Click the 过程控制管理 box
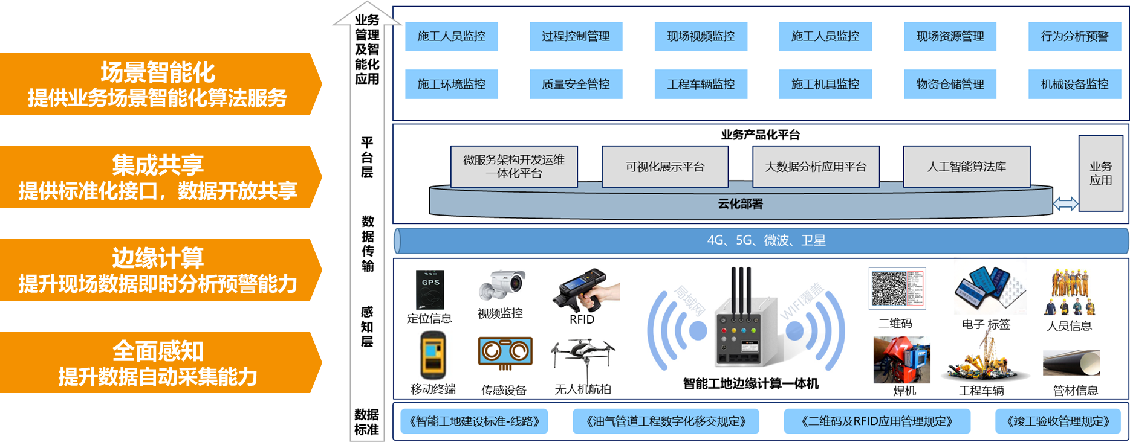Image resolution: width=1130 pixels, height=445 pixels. tap(576, 36)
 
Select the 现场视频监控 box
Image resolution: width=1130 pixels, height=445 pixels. tap(701, 36)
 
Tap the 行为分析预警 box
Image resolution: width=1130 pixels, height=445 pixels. tap(1074, 36)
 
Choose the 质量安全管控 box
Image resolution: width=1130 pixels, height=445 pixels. tap(576, 85)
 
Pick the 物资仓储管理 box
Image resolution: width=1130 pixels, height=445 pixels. tap(950, 85)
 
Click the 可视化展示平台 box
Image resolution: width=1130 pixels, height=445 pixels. tap(664, 167)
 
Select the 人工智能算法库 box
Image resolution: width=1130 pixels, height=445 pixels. tap(966, 167)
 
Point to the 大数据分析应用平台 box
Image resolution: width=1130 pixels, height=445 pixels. tap(816, 167)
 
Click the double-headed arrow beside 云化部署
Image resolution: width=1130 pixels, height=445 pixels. tap(1065, 204)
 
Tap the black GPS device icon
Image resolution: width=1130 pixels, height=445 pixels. tap(430, 290)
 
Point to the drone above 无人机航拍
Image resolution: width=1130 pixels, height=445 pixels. tap(582, 355)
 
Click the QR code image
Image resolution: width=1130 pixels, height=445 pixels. tap(897, 289)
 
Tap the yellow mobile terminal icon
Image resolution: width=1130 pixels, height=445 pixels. tap(433, 356)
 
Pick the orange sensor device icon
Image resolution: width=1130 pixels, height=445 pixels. tap(505, 353)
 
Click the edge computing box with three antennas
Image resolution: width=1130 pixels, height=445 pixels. tap(745, 326)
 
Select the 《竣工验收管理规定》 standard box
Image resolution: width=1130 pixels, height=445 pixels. tap(1057, 421)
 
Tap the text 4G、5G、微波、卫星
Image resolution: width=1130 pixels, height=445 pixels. tap(766, 240)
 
